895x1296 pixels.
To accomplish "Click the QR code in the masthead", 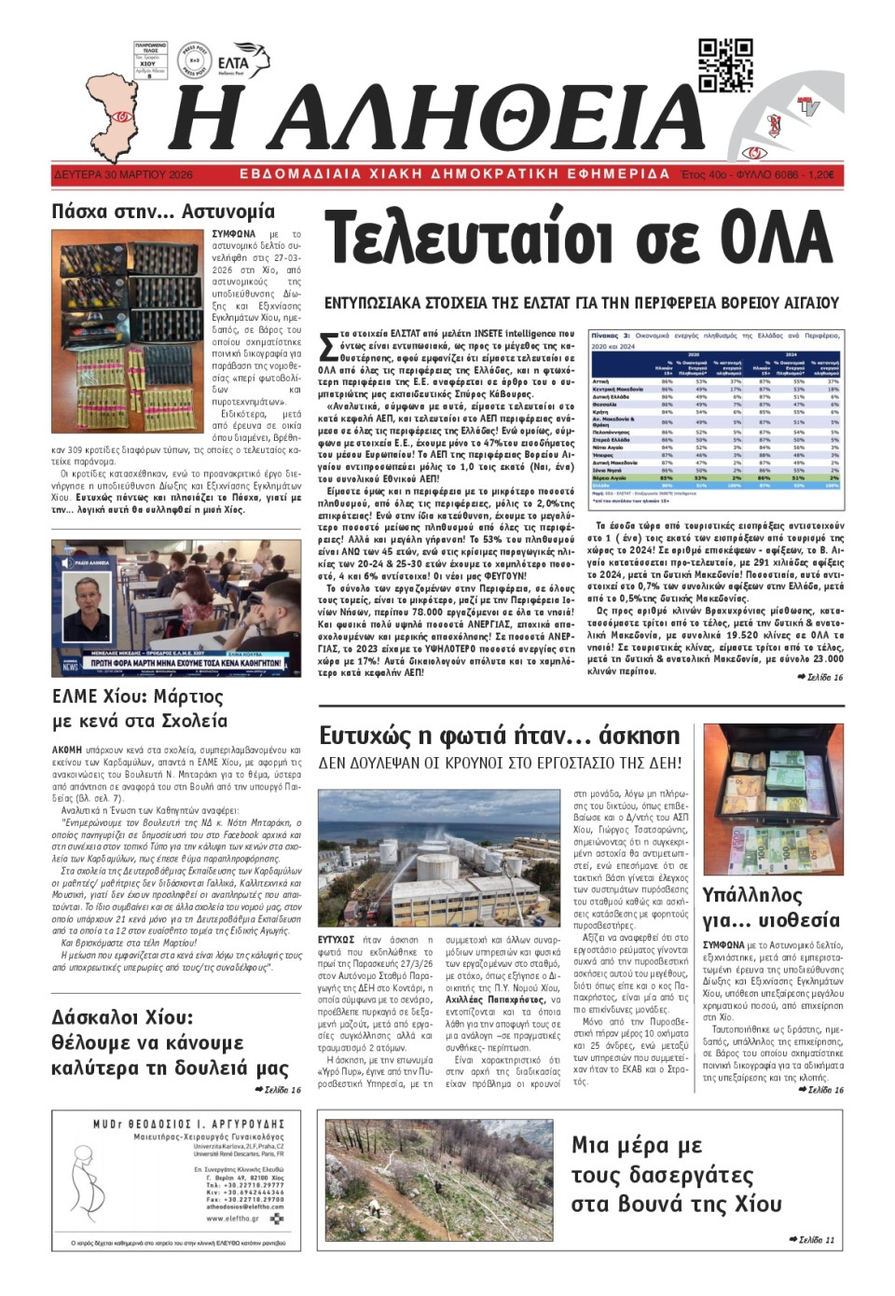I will pyautogui.click(x=725, y=65).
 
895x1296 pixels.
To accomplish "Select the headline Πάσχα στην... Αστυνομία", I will pyautogui.click(x=163, y=212).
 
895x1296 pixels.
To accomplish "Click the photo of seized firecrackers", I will pyautogui.click(x=126, y=331).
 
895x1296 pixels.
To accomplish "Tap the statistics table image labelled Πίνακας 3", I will pyautogui.click(x=716, y=420).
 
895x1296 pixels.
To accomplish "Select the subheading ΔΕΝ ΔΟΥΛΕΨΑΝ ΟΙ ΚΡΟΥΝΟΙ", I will pyautogui.click(x=500, y=763).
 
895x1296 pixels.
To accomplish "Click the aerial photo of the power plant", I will pyautogui.click(x=440, y=858).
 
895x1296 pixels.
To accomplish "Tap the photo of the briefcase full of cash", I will pyautogui.click(x=773, y=801).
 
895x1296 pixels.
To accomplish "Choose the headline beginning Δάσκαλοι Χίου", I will pyautogui.click(x=122, y=1017).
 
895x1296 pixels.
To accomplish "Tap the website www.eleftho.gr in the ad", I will pyautogui.click(x=232, y=1218).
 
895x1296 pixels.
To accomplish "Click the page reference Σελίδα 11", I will pyautogui.click(x=811, y=1239).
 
